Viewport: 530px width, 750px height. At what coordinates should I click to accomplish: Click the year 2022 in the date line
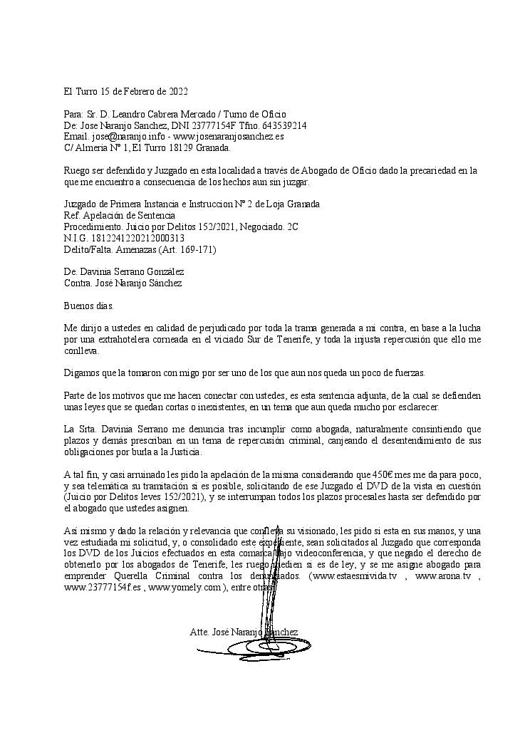[177, 92]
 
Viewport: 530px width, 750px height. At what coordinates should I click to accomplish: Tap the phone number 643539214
[284, 125]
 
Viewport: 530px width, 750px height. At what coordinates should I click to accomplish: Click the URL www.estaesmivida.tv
[353, 576]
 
